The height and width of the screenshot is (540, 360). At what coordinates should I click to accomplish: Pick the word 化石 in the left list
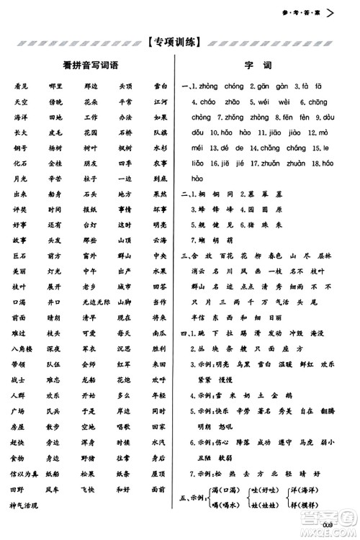tap(19, 163)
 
